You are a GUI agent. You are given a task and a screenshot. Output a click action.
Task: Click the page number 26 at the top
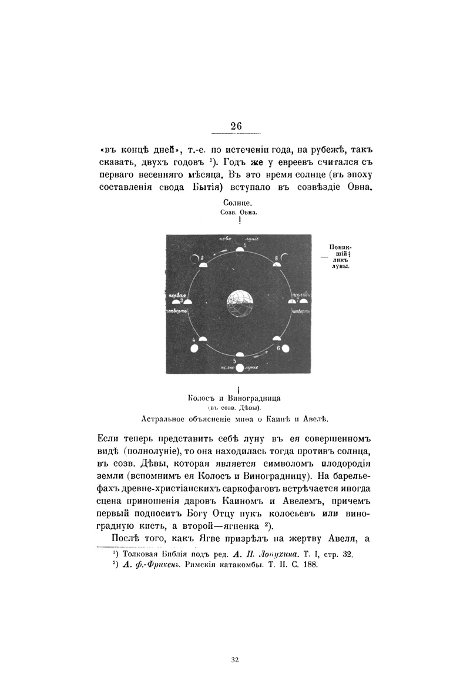[236, 126]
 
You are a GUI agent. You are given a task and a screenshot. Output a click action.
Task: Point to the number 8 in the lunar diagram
[276, 258]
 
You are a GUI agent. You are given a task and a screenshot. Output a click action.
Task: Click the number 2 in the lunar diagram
[202, 258]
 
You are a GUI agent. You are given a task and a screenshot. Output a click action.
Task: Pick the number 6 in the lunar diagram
[278, 348]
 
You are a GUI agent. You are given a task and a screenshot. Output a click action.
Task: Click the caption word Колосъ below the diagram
[203, 398]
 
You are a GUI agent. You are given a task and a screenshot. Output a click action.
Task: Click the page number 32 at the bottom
[235, 660]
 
